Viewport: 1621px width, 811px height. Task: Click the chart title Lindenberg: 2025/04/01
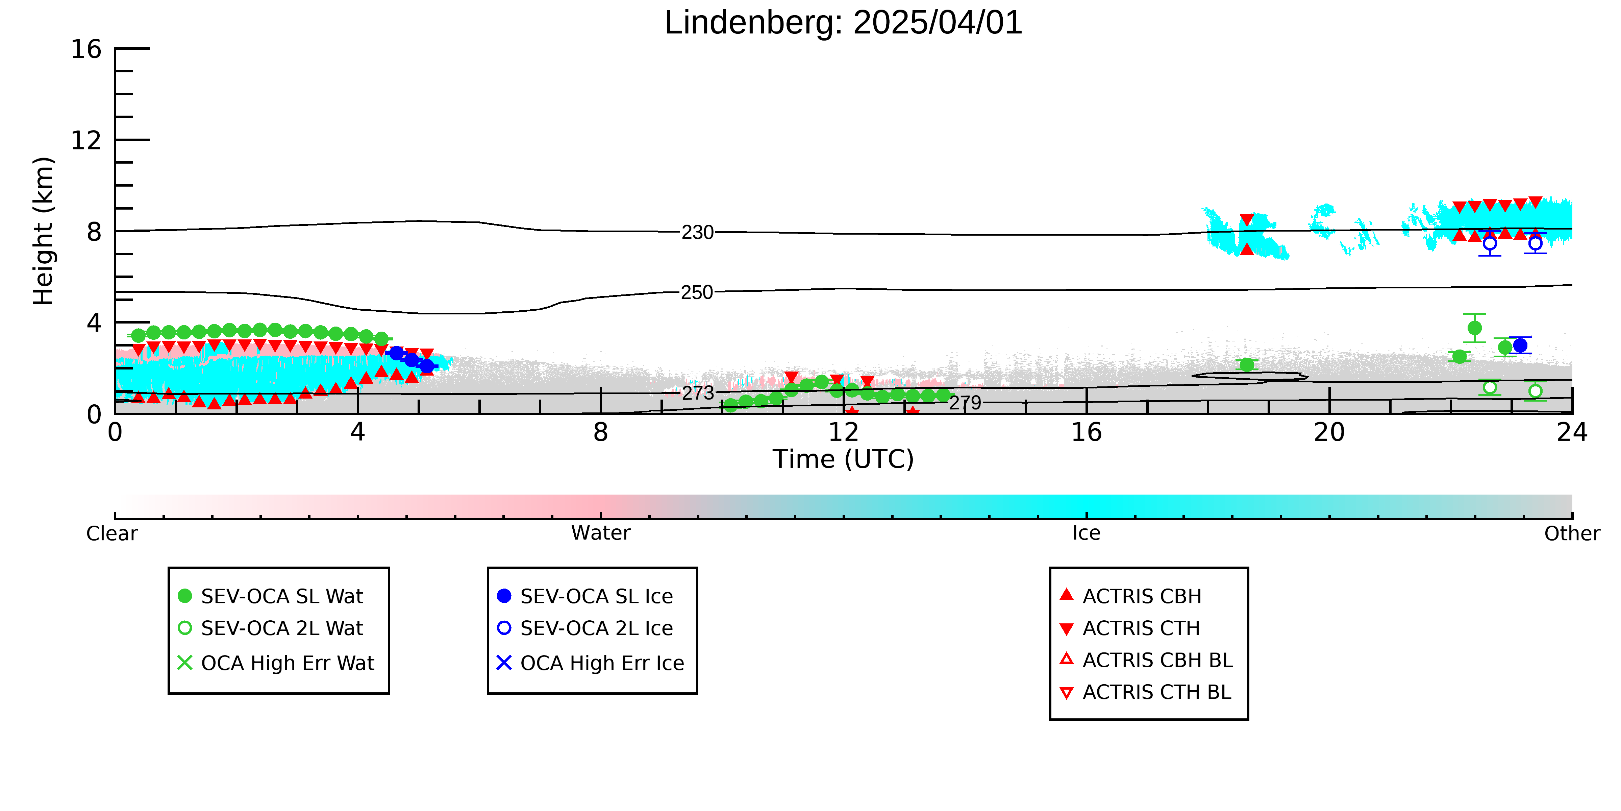pyautogui.click(x=843, y=23)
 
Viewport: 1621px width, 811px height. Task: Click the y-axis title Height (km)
pyautogui.click(x=44, y=231)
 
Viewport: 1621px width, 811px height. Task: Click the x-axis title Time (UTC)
pyautogui.click(x=843, y=459)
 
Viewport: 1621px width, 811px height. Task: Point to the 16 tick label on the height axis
pyautogui.click(x=86, y=49)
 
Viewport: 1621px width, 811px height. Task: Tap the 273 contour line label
pyautogui.click(x=698, y=393)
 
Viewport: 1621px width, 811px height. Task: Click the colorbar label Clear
pyautogui.click(x=112, y=533)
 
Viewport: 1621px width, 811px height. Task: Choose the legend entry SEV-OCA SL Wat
pyautogui.click(x=271, y=596)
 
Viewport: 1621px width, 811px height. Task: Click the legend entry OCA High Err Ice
pyautogui.click(x=590, y=663)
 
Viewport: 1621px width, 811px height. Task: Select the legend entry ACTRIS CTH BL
pyautogui.click(x=1145, y=692)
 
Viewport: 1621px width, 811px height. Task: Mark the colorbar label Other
pyautogui.click(x=1572, y=533)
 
